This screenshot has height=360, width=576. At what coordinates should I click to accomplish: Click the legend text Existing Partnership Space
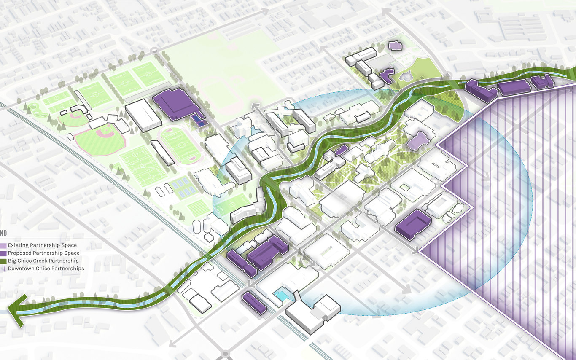click(42, 245)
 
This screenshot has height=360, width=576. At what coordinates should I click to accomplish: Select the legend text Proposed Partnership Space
click(43, 253)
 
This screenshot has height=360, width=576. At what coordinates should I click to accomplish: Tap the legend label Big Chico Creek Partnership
click(43, 261)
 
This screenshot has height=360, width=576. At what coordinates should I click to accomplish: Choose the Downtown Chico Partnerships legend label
click(46, 269)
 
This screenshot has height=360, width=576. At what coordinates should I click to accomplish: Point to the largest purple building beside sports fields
click(174, 104)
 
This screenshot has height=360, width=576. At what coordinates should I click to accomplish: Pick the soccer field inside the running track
click(179, 145)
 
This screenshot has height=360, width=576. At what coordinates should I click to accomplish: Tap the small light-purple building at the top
click(395, 46)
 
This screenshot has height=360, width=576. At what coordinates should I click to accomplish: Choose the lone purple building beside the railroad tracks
click(254, 303)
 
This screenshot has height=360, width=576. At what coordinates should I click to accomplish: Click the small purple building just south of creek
click(341, 150)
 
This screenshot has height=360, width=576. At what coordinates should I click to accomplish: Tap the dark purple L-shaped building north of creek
click(386, 75)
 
